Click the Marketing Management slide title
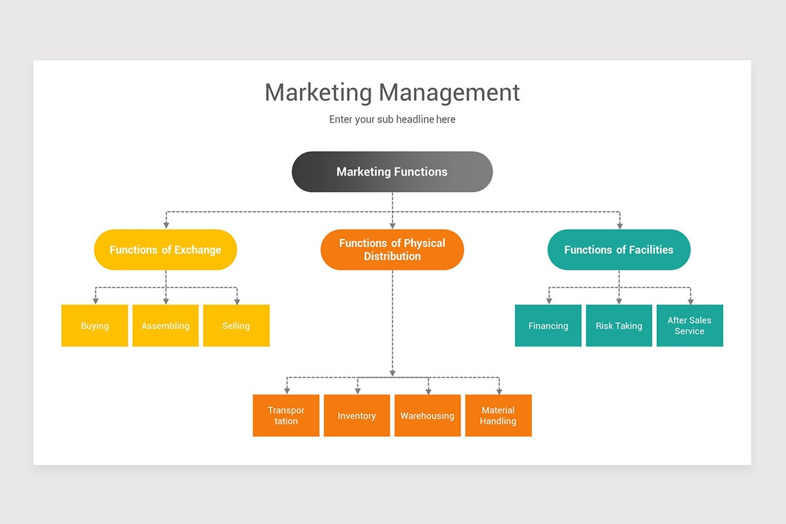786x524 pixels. (x=392, y=92)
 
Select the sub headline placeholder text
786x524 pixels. (x=392, y=119)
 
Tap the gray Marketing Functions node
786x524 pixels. (x=392, y=172)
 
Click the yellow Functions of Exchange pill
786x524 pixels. (x=165, y=250)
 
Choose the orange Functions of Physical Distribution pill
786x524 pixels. (x=392, y=250)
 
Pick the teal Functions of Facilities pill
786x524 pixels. (x=618, y=250)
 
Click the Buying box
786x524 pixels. (x=95, y=326)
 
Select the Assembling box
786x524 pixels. (x=166, y=326)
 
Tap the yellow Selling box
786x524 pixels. (x=236, y=326)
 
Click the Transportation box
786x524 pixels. (x=286, y=415)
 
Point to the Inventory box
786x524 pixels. (x=357, y=415)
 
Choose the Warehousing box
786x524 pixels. (x=427, y=415)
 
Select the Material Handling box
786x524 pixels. (x=498, y=415)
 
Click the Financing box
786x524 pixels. (x=548, y=326)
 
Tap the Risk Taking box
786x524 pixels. (x=619, y=326)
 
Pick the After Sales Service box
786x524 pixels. (x=690, y=326)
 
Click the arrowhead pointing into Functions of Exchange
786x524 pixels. (x=166, y=225)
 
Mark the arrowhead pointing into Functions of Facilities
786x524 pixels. (x=619, y=225)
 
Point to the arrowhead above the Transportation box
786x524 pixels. (x=286, y=390)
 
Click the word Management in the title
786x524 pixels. (x=449, y=92)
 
